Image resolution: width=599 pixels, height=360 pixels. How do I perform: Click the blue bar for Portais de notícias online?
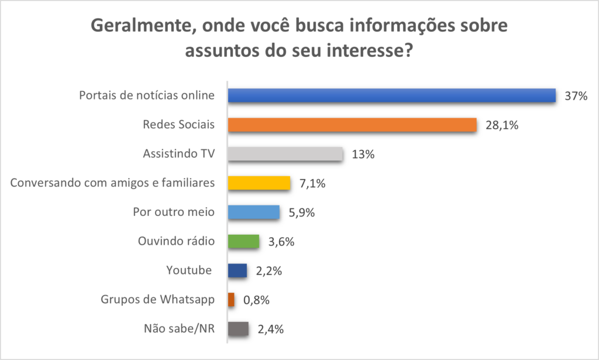(391, 95)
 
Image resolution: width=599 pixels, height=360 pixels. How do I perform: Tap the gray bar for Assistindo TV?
(285, 154)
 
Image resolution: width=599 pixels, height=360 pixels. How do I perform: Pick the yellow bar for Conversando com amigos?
(259, 183)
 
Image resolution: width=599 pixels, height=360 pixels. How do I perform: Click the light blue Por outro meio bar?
(253, 212)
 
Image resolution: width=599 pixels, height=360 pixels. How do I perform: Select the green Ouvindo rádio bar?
(243, 241)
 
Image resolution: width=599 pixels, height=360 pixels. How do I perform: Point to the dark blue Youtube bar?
(237, 270)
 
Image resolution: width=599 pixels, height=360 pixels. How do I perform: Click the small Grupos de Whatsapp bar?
(231, 300)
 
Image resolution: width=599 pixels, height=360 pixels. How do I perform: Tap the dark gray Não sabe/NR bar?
(238, 329)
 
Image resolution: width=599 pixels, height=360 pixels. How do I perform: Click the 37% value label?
(576, 96)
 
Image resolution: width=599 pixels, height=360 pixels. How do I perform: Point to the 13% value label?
(363, 155)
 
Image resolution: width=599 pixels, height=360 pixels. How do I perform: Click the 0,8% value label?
(256, 300)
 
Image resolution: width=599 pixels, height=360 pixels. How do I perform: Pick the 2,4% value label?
(270, 329)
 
